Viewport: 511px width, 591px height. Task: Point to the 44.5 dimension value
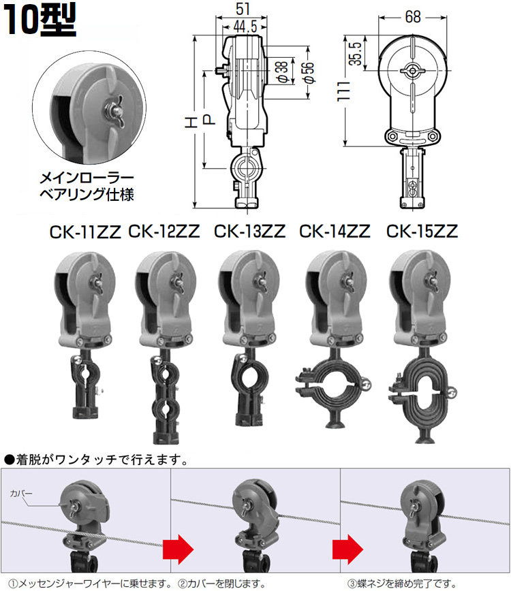[x=243, y=27]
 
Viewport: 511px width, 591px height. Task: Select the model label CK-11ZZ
[x=84, y=231]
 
